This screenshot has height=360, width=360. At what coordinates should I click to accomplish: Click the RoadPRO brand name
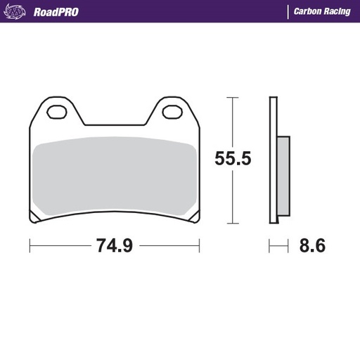point(56,12)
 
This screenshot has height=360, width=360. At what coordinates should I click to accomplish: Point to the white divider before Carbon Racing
point(288,12)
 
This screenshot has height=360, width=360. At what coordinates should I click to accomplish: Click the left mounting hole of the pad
point(57,111)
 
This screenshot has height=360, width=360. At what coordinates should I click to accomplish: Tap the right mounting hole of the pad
point(171,111)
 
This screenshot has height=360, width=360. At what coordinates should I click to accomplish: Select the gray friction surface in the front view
point(114,176)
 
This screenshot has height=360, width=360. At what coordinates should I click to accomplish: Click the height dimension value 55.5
point(232,159)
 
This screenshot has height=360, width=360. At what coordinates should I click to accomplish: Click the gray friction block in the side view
point(282,176)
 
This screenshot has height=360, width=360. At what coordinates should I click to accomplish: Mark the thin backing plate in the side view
point(273,162)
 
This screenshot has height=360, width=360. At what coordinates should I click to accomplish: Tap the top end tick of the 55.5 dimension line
point(232,97)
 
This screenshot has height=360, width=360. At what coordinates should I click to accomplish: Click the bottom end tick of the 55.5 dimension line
point(232,225)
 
